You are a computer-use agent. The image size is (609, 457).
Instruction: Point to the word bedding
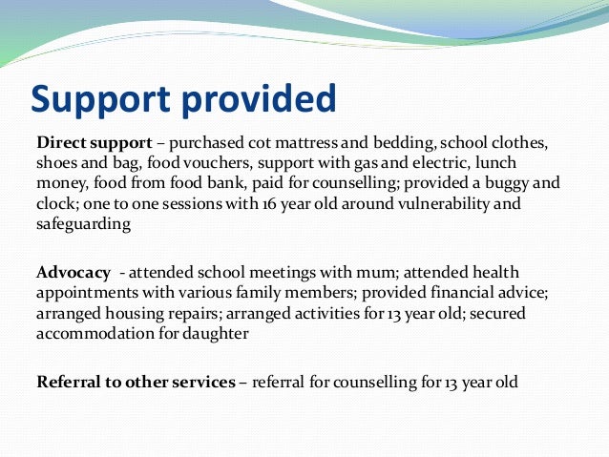pyautogui.click(x=405, y=144)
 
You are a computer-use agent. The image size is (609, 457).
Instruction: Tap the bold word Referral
pyautogui.click(x=69, y=383)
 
